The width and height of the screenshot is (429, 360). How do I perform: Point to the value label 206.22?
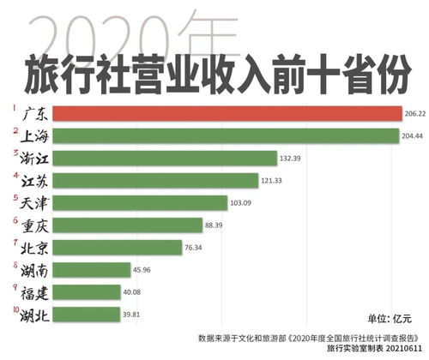point(415,113)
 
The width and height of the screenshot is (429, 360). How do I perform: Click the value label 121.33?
point(275,181)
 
